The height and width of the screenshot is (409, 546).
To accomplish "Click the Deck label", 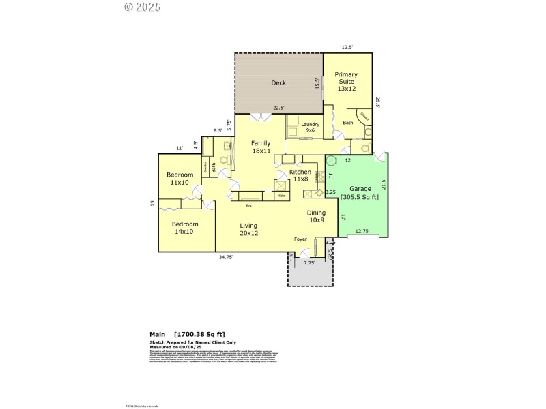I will tap(278, 83).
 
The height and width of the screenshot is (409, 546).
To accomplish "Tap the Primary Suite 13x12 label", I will tap(347, 82).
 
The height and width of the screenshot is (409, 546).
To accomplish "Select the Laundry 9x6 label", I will tap(311, 128).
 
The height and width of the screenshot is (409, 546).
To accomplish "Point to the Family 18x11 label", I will tap(261, 147).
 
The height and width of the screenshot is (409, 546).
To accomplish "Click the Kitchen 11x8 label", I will tap(300, 176).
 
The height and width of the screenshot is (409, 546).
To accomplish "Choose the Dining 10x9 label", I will tap(316, 216).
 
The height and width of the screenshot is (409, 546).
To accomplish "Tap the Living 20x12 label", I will tap(248, 229).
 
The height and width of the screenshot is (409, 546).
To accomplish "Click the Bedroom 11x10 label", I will tap(179, 179).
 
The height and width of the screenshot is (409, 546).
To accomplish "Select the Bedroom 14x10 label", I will tap(184, 228).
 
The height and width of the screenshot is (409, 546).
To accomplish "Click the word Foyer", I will tap(300, 239).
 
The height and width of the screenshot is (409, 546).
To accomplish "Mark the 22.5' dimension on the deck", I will tap(278, 108).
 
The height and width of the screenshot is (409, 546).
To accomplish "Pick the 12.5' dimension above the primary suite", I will tap(347, 48).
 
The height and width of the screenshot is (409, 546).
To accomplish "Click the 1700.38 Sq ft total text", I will tap(198, 334).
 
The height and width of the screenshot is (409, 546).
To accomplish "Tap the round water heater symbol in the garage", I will tap(332, 162).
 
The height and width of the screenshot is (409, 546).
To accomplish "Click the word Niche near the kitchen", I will tap(281, 196).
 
